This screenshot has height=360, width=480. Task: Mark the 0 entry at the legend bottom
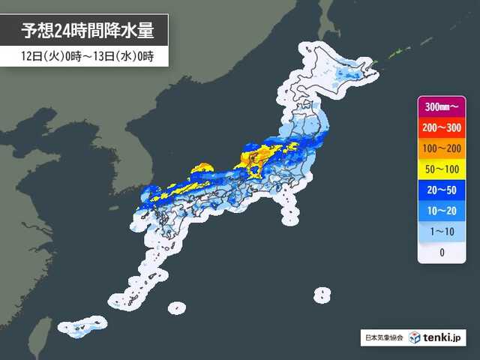click(441, 252)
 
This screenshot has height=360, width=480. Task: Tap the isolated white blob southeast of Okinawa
click(176, 307)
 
